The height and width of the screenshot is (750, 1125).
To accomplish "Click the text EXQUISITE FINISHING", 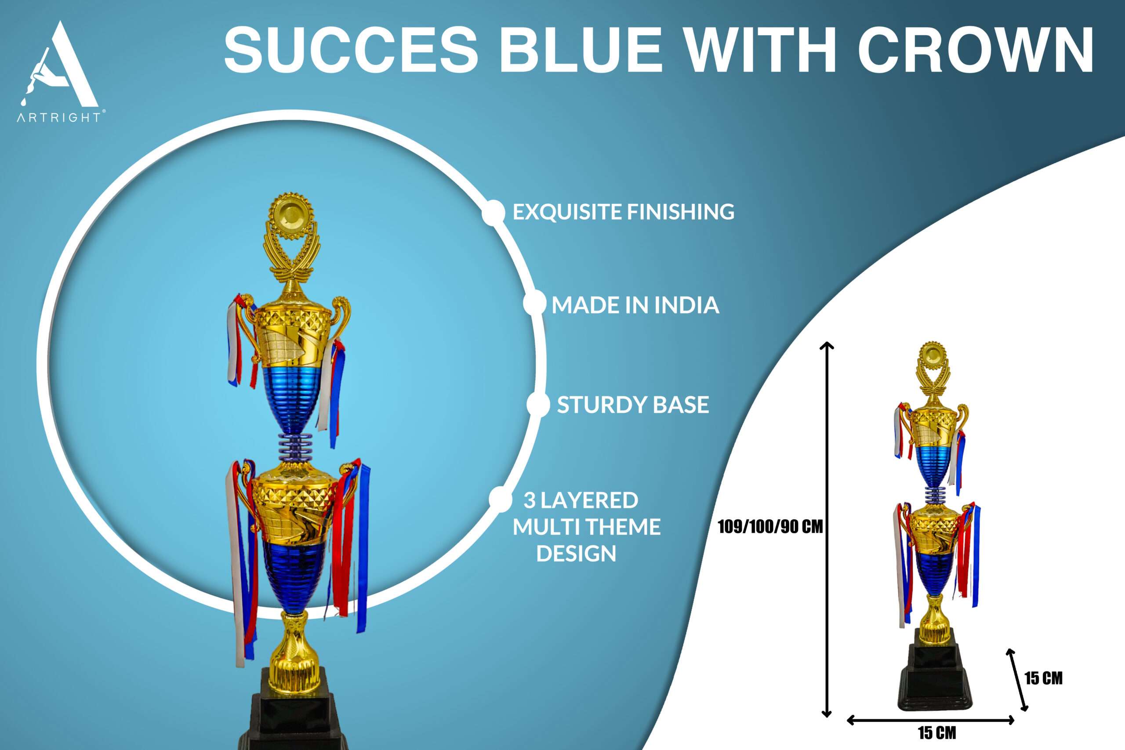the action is [x=623, y=212].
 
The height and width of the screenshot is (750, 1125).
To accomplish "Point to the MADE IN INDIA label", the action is [x=635, y=305].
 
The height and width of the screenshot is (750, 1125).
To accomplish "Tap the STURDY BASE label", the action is [x=633, y=405].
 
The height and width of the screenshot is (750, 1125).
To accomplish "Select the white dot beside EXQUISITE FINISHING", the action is [x=493, y=212].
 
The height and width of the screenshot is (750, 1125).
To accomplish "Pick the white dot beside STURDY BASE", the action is [x=538, y=405].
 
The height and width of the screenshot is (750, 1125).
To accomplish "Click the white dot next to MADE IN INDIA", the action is [x=534, y=304].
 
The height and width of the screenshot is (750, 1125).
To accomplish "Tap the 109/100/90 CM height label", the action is [x=770, y=527].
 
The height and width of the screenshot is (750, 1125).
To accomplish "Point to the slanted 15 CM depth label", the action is [x=1043, y=678].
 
